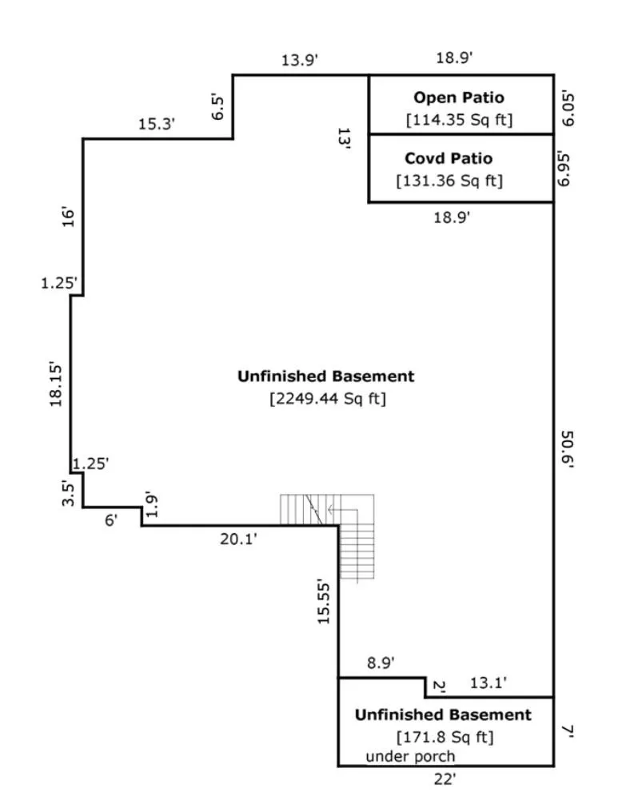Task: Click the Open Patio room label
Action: point(459,98)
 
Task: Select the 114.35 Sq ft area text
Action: point(459,120)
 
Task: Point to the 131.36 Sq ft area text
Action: point(449,181)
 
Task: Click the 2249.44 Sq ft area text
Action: point(327,398)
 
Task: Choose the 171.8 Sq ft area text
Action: point(445,736)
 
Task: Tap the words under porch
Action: point(410,756)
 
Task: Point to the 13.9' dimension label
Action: point(300,59)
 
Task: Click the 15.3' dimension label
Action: point(157,124)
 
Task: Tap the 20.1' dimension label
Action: point(238,539)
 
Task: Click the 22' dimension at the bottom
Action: point(445,779)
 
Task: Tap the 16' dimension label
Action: point(69,217)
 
